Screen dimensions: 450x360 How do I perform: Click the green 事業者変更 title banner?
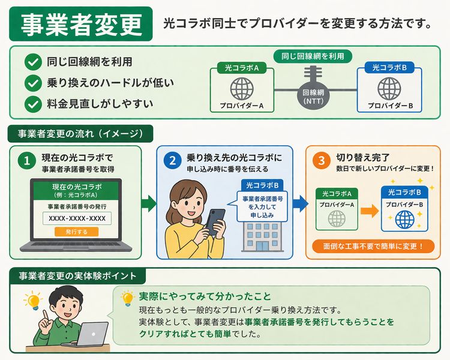(x=80, y=24)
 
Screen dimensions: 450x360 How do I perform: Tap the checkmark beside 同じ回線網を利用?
(x=33, y=62)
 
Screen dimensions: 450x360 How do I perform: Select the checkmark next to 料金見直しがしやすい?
(x=33, y=104)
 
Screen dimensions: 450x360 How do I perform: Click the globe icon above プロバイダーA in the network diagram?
(x=242, y=88)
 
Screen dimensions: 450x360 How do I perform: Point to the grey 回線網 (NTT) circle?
(x=313, y=96)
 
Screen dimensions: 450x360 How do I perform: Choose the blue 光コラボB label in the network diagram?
(x=389, y=68)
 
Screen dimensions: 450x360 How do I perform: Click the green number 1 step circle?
(x=26, y=160)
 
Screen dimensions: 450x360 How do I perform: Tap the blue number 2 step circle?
(x=172, y=160)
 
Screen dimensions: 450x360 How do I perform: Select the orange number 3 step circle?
(x=322, y=160)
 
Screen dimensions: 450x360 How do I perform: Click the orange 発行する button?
(x=76, y=232)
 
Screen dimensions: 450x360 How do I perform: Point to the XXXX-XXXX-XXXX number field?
(x=77, y=218)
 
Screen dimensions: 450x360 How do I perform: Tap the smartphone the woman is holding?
(x=215, y=221)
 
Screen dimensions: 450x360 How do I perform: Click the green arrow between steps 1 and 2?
(x=149, y=203)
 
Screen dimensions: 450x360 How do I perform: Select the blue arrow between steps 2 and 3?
(x=300, y=203)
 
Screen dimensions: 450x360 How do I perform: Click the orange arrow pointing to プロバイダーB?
(x=370, y=211)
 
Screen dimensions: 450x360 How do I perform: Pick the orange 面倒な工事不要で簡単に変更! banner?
(x=373, y=247)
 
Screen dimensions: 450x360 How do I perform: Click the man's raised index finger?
(x=46, y=315)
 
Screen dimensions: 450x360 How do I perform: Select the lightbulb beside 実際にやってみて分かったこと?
(x=127, y=299)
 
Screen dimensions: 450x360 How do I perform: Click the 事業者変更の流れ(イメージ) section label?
(x=80, y=134)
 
